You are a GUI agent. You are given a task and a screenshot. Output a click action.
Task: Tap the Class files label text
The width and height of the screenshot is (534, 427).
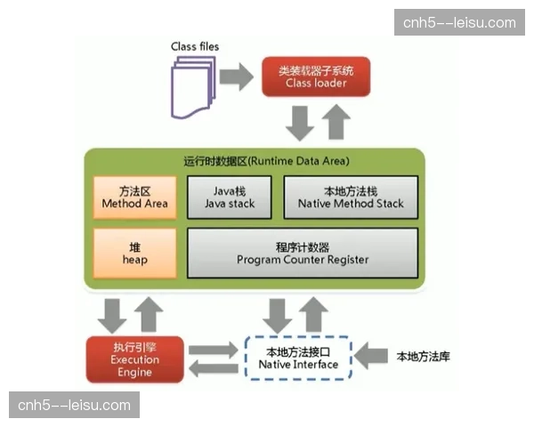195,46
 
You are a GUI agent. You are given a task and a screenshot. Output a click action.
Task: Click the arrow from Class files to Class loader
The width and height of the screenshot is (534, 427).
237,77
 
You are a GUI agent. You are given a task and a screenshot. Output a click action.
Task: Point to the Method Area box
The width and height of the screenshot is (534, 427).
133,197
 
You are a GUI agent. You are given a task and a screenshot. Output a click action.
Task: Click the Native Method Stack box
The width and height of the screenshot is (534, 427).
351,197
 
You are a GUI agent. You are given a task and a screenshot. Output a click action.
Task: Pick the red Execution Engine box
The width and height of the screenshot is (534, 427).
134,359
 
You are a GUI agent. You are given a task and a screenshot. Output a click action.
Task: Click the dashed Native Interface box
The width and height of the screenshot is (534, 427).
297,359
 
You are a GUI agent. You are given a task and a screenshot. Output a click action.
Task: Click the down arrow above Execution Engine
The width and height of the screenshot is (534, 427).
115,314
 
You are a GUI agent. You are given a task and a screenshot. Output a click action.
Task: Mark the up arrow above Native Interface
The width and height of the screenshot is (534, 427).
314,312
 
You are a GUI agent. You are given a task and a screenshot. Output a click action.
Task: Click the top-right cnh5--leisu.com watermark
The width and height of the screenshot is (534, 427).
459,22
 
